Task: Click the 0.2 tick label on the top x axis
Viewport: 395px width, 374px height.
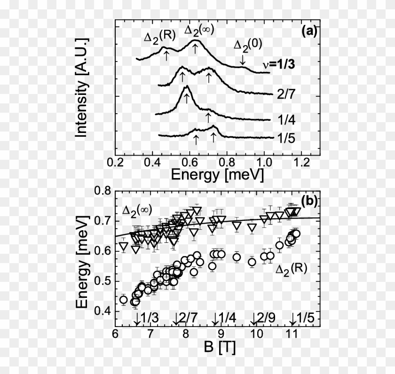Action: pos(115,162)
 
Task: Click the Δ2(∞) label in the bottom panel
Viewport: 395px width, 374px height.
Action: pos(139,211)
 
